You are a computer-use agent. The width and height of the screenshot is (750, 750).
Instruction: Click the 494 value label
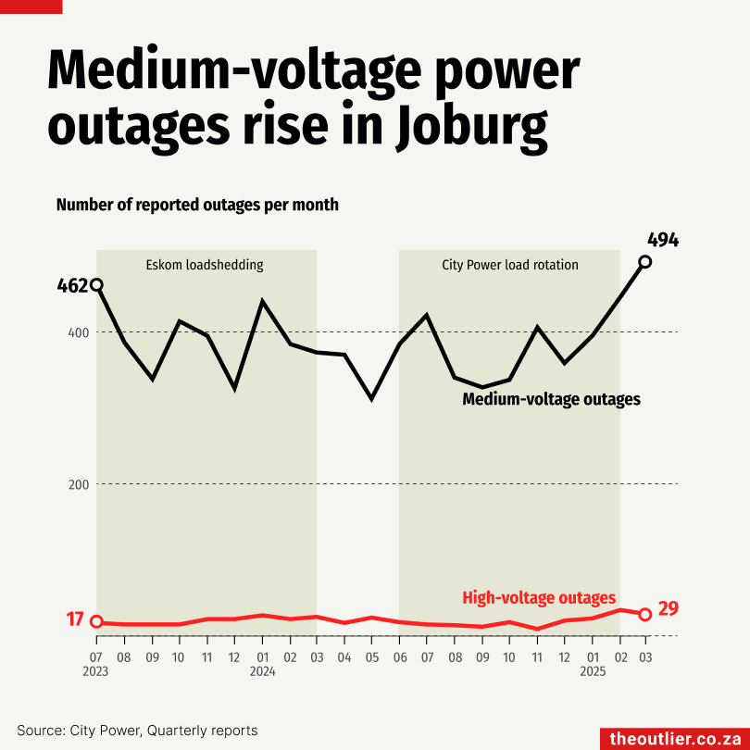click(663, 240)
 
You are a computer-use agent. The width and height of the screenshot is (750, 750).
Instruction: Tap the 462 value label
click(72, 285)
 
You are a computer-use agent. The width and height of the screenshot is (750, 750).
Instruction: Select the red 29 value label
click(669, 609)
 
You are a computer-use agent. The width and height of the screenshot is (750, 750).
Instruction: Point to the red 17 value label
click(75, 619)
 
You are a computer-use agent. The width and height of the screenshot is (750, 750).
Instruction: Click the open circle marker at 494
click(645, 262)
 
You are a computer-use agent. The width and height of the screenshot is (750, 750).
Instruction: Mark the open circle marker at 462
click(96, 285)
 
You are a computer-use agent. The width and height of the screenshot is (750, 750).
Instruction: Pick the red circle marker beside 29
click(645, 614)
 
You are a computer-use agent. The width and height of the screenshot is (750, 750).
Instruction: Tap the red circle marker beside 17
click(96, 622)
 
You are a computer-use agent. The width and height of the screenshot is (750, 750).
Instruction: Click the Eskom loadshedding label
click(205, 265)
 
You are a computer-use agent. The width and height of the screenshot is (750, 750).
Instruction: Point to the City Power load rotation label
click(510, 265)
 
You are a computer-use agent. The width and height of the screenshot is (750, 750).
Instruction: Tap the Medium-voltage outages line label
click(552, 400)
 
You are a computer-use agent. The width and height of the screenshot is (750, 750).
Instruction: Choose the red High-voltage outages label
click(539, 598)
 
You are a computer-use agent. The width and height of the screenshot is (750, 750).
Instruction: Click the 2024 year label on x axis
click(263, 671)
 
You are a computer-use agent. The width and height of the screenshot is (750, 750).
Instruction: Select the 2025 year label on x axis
click(593, 671)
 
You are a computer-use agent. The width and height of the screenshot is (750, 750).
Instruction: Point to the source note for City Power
click(137, 731)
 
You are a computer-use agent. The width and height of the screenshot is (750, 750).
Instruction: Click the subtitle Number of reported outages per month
click(197, 205)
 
